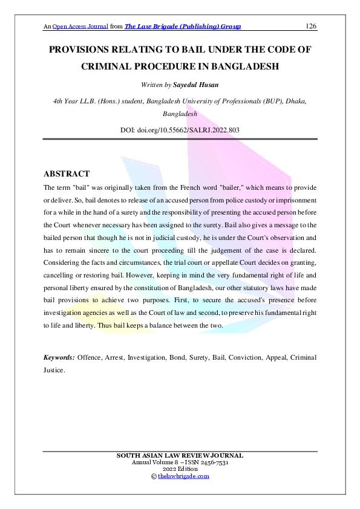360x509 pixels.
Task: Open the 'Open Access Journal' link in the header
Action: click(x=80, y=27)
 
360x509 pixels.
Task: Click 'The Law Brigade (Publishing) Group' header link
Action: click(x=183, y=27)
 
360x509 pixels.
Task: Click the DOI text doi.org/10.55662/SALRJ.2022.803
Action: click(x=189, y=129)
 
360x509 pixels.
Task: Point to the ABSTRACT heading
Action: click(x=67, y=174)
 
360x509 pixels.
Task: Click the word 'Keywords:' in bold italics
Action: click(x=59, y=357)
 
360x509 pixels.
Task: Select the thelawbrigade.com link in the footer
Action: click(x=183, y=476)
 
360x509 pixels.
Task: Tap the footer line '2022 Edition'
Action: click(x=180, y=469)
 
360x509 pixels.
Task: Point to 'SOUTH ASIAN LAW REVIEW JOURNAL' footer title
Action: click(x=180, y=455)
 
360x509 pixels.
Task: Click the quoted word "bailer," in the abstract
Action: click(x=218, y=188)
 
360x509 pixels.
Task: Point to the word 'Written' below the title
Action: click(x=151, y=85)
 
